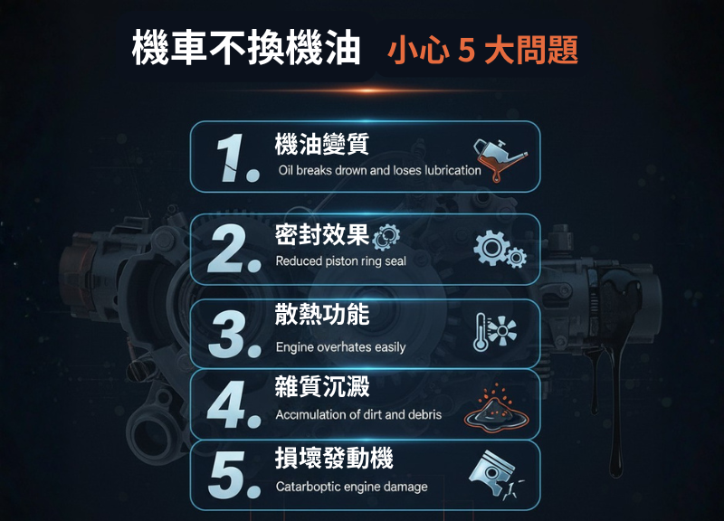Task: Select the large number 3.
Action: click(x=228, y=334)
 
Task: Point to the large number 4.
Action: click(x=228, y=403)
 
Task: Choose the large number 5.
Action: click(x=228, y=476)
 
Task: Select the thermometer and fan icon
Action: click(x=496, y=334)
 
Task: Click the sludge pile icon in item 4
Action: click(x=494, y=408)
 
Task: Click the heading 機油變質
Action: click(x=321, y=143)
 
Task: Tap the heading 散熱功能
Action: click(x=321, y=314)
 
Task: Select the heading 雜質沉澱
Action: click(x=321, y=386)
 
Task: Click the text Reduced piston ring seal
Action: click(x=340, y=261)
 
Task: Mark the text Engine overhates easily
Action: click(x=340, y=347)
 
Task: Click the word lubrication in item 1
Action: click(x=452, y=170)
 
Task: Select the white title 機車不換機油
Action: click(x=245, y=48)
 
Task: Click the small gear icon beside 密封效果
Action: click(x=386, y=236)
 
